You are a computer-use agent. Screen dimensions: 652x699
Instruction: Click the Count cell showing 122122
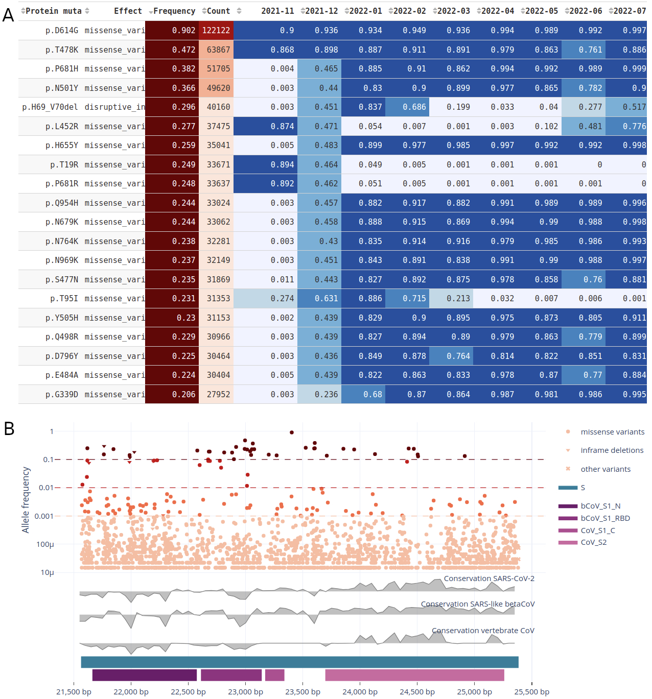[216, 30]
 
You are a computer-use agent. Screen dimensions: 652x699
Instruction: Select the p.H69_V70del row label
[50, 107]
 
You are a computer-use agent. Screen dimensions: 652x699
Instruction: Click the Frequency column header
[174, 11]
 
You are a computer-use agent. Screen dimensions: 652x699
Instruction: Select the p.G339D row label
[62, 394]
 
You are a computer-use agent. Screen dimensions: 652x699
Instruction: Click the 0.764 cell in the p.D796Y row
[451, 356]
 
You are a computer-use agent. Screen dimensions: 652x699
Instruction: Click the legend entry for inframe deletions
[612, 450]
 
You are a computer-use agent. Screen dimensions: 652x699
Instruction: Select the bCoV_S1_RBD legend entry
[605, 518]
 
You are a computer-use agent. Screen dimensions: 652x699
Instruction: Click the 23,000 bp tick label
[245, 692]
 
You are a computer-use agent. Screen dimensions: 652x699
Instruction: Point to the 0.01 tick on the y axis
[46, 488]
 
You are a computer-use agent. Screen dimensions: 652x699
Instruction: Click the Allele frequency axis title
[26, 499]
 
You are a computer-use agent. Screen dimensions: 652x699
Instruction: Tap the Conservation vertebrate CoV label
[482, 631]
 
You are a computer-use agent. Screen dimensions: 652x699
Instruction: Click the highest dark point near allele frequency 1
[291, 432]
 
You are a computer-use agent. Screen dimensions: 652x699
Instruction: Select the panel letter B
[9, 429]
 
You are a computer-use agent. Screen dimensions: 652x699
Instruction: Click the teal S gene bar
[299, 662]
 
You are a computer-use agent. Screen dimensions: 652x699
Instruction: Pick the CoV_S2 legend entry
[593, 542]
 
